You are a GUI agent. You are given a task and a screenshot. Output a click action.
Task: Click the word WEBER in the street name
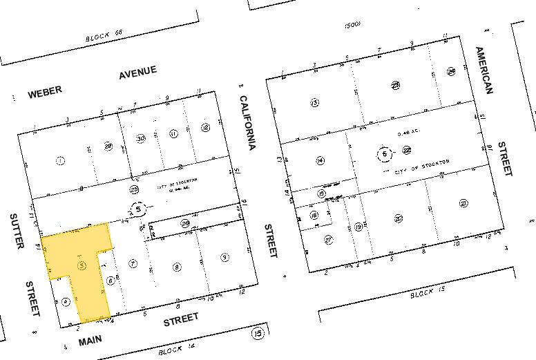(45, 91)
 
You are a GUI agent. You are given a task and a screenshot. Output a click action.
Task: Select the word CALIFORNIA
(248, 123)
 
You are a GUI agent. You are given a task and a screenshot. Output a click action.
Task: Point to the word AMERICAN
(484, 70)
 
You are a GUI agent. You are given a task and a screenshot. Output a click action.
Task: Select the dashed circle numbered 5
(139, 209)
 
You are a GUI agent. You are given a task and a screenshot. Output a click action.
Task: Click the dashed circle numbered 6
(383, 155)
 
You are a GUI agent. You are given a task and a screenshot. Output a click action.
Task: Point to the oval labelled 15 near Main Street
(259, 334)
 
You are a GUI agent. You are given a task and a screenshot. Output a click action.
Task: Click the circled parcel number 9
(225, 258)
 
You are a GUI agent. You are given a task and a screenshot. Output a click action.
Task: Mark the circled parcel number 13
(315, 102)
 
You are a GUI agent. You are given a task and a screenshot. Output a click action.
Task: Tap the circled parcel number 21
(463, 203)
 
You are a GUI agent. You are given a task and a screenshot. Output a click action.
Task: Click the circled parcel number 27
(328, 240)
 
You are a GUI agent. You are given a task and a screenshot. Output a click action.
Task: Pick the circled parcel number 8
(177, 266)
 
